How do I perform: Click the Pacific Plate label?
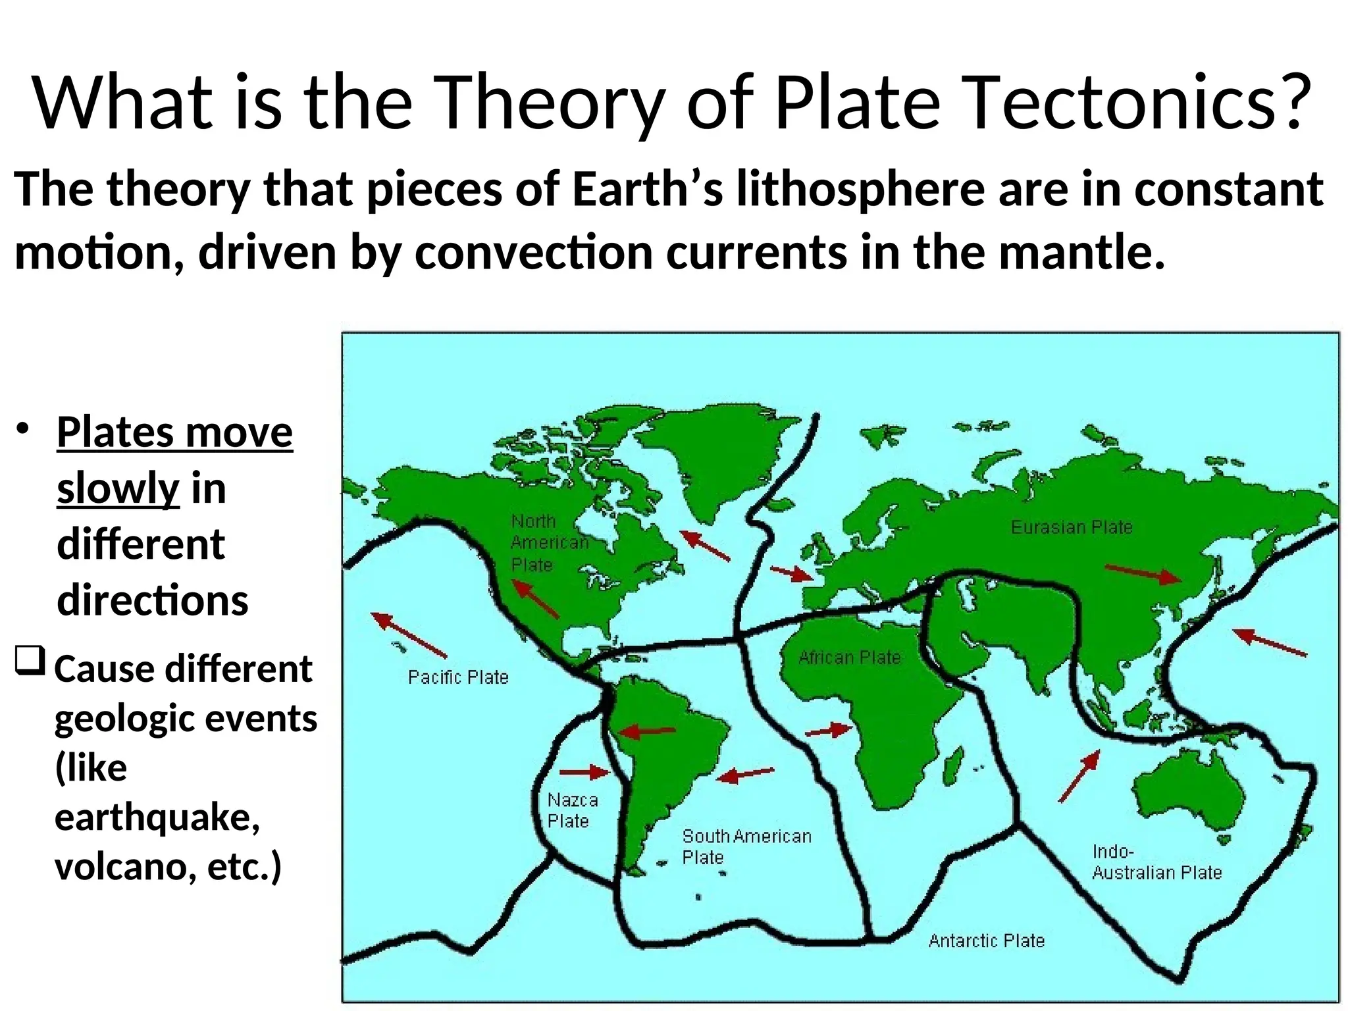[x=458, y=677]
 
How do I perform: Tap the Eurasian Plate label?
[x=1072, y=527]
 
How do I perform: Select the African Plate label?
[x=849, y=658]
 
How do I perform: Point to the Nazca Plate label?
[x=572, y=810]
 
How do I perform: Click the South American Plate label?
[x=746, y=846]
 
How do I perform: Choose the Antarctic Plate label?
[x=986, y=941]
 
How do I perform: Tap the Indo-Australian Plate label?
[x=1156, y=862]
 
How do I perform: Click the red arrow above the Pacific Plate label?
[x=409, y=635]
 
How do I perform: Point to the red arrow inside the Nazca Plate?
[x=584, y=771]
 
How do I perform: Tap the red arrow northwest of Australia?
[x=1079, y=776]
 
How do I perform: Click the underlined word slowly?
[x=118, y=488]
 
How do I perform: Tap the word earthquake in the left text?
[x=157, y=817]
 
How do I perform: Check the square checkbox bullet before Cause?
[x=30, y=660]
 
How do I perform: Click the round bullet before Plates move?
[x=24, y=428]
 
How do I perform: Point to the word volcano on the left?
[x=124, y=866]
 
